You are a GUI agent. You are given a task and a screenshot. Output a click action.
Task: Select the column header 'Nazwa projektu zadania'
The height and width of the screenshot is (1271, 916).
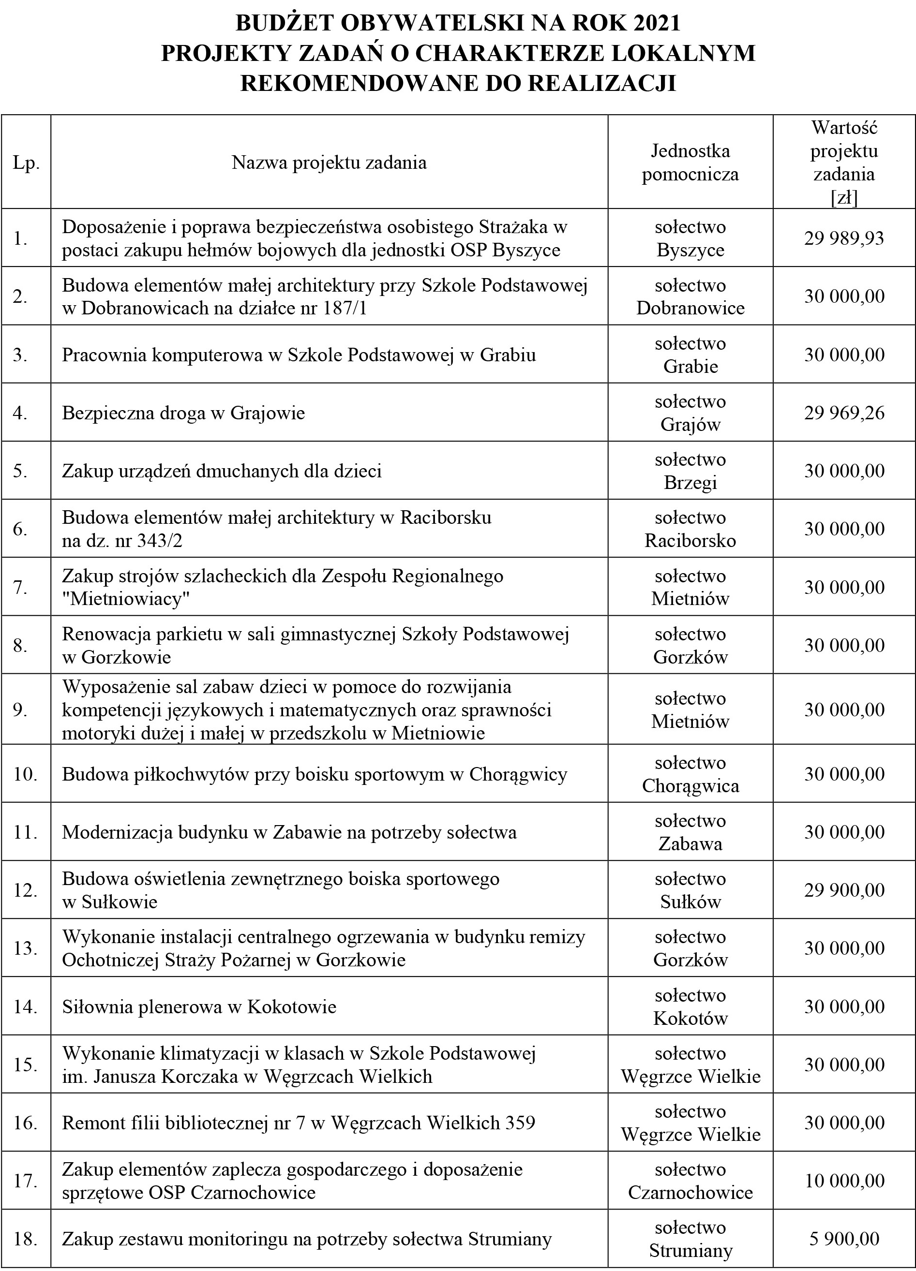click(x=329, y=163)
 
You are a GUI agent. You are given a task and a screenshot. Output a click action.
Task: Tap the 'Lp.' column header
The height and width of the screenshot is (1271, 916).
click(x=26, y=163)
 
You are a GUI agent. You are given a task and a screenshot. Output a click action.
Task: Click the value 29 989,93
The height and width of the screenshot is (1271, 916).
click(x=844, y=238)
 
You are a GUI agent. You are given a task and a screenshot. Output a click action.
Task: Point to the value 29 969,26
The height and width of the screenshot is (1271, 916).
click(x=844, y=413)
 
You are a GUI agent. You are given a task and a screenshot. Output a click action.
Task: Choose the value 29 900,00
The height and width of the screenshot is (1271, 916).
click(x=844, y=890)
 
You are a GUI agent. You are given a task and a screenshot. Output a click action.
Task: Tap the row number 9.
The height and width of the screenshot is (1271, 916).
click(x=21, y=710)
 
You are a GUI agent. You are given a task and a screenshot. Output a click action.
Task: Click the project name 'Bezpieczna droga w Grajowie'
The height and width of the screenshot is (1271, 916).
click(x=183, y=413)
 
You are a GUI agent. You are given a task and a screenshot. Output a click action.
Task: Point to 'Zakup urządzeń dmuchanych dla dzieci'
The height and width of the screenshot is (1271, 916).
click(x=222, y=471)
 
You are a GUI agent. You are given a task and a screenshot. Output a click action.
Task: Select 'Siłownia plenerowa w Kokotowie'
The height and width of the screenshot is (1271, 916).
click(x=199, y=1007)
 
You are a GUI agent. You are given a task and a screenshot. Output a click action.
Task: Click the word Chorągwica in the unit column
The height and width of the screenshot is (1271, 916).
click(x=690, y=786)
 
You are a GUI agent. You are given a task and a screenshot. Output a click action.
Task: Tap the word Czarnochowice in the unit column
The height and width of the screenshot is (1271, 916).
click(x=690, y=1193)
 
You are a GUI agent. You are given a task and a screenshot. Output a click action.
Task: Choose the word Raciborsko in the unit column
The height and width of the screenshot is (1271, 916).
click(x=690, y=540)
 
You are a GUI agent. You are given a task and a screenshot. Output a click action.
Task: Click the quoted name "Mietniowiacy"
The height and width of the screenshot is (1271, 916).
click(x=126, y=599)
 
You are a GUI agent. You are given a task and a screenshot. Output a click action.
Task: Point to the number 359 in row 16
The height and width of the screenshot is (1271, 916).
click(x=520, y=1123)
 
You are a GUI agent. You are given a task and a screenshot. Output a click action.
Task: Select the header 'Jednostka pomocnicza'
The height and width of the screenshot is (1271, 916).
click(x=690, y=163)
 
